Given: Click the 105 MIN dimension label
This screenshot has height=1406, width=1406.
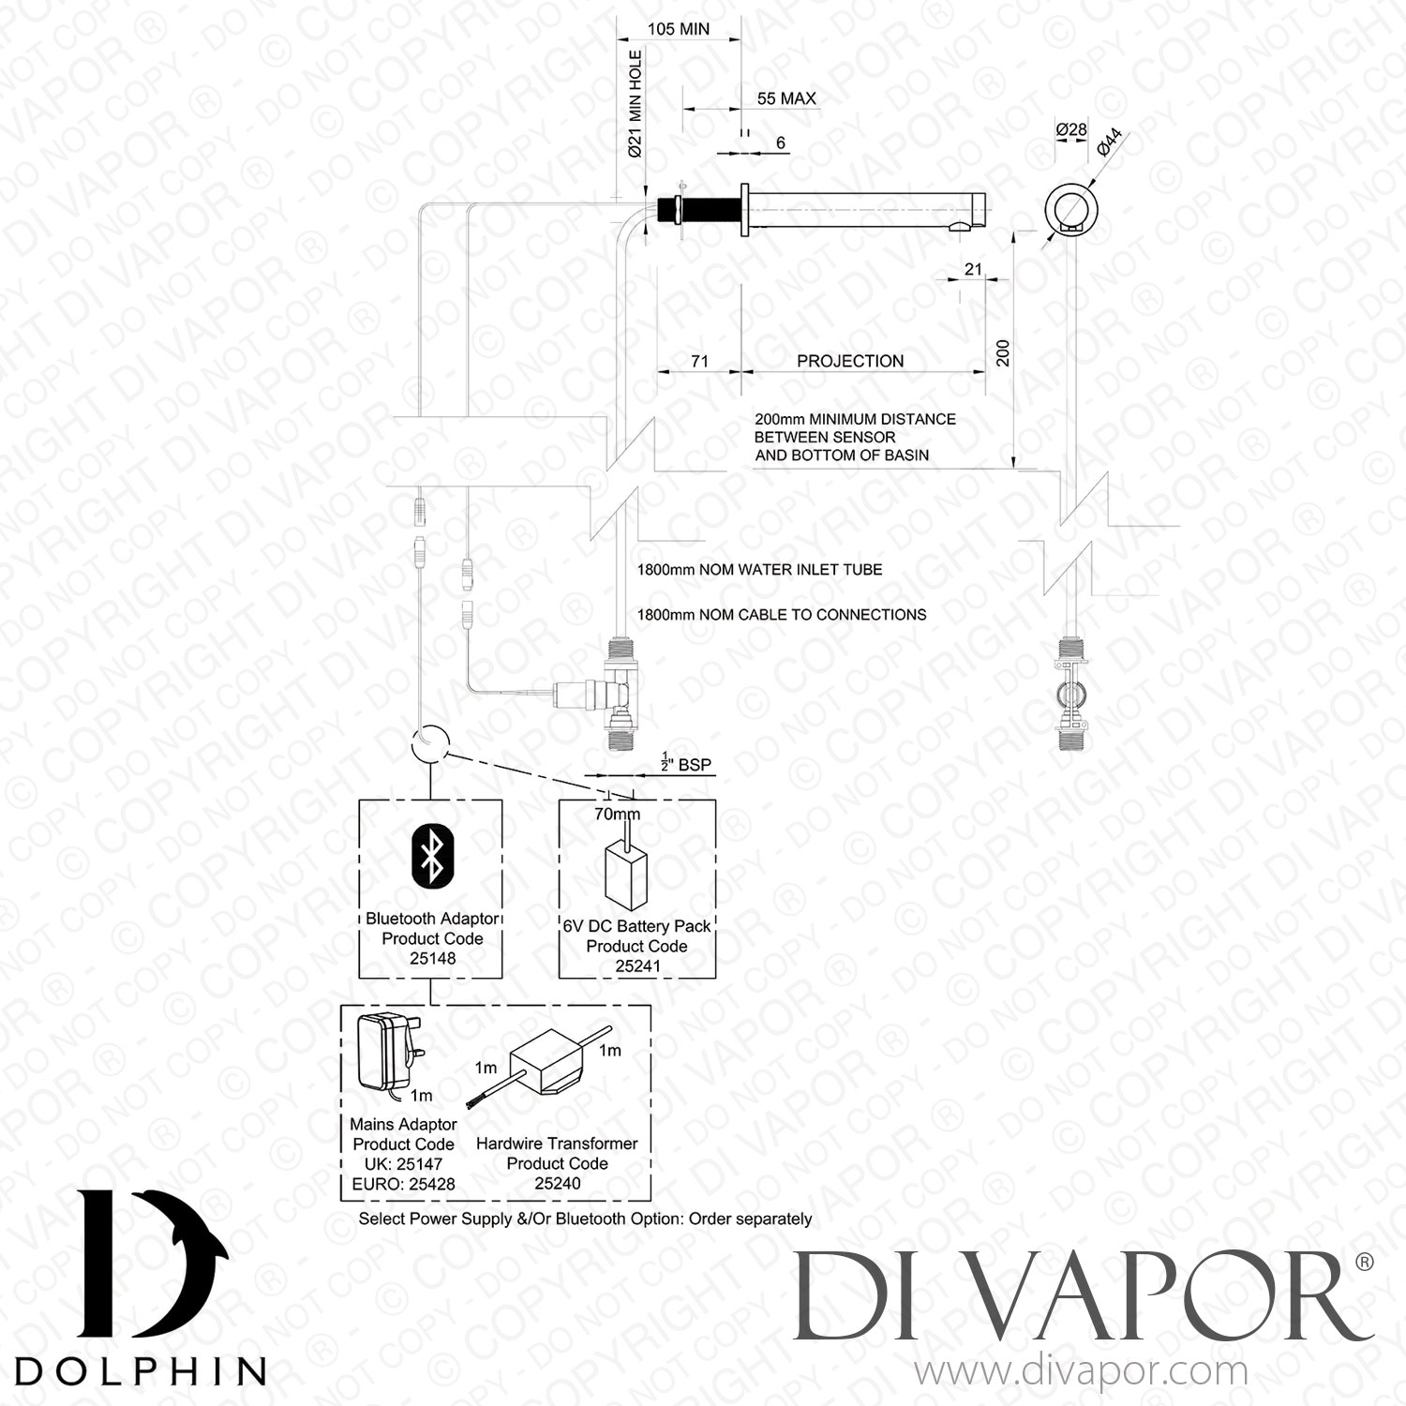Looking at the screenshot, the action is (x=679, y=29).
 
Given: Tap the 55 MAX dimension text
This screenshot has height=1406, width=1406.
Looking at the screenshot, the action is (x=785, y=98).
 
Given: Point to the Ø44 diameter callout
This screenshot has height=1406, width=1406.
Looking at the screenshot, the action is (x=1109, y=142).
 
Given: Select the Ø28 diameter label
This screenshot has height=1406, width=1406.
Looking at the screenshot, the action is (x=1071, y=129).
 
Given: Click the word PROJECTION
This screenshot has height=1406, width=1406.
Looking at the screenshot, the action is (x=850, y=361).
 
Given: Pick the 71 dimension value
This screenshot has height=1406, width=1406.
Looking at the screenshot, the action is (x=699, y=361).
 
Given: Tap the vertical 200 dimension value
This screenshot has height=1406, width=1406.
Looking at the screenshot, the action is (x=1003, y=352).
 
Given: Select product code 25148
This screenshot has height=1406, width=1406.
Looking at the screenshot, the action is (x=432, y=959).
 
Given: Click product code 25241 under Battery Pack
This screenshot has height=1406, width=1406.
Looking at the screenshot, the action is (x=637, y=966).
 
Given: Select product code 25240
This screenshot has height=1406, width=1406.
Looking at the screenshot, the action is (x=558, y=1183).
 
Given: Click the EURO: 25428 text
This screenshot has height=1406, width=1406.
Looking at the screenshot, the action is (x=403, y=1184).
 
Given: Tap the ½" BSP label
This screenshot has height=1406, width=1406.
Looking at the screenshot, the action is (x=686, y=765).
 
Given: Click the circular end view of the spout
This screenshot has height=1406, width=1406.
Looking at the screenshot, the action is (x=1069, y=209).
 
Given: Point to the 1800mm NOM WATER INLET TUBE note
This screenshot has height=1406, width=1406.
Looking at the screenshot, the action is (x=759, y=569).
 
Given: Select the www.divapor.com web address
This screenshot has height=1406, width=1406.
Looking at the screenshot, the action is (x=1080, y=1371).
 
